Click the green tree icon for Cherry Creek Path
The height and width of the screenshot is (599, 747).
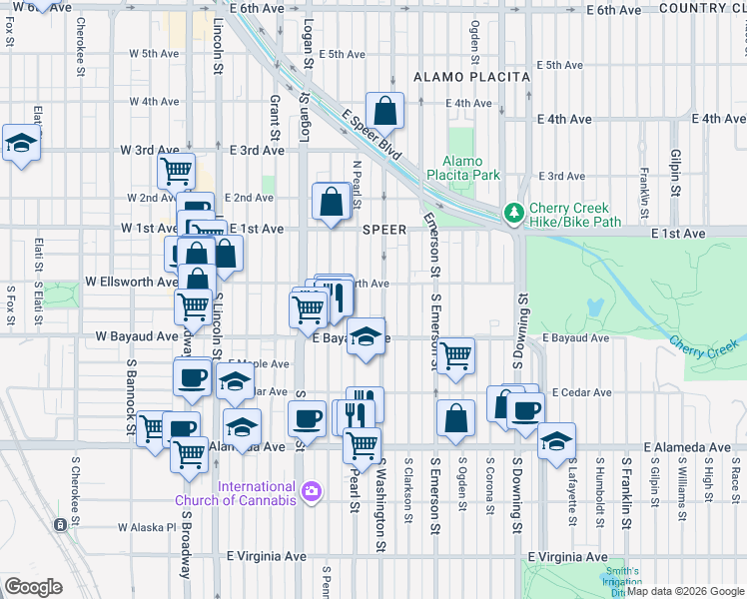[513, 212]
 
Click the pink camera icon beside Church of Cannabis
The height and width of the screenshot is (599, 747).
[312, 490]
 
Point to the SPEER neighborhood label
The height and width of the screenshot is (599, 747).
[383, 230]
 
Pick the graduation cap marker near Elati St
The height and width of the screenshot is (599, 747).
[21, 143]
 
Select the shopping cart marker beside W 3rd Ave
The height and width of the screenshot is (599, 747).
[177, 171]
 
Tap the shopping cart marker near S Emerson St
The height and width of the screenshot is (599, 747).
[455, 354]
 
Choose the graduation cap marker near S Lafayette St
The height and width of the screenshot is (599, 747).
[555, 440]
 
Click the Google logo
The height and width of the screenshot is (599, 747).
[33, 586]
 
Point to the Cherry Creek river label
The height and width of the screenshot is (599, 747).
[703, 344]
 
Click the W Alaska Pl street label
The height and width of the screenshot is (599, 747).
[146, 527]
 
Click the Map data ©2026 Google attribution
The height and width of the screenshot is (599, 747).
[684, 591]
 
